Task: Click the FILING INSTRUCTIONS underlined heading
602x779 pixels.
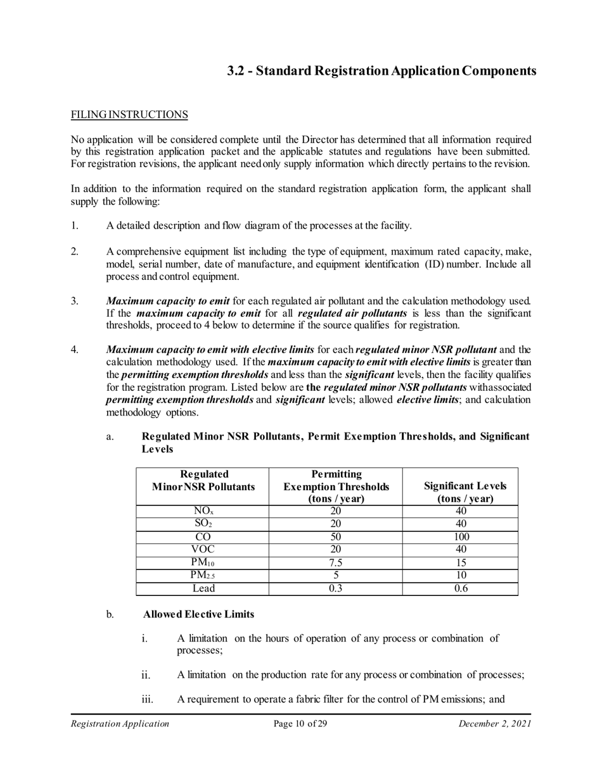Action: pyautogui.click(x=129, y=115)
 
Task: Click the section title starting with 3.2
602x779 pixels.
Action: pyautogui.click(x=381, y=70)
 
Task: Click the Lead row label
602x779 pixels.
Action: pyautogui.click(x=203, y=589)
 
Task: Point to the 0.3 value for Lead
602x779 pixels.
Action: pyautogui.click(x=336, y=589)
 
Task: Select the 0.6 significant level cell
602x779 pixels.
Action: pyautogui.click(x=460, y=589)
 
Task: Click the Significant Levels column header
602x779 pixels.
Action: pyautogui.click(x=460, y=492)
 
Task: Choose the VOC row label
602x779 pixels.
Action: pyautogui.click(x=203, y=550)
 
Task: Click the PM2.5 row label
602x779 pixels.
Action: pyautogui.click(x=203, y=576)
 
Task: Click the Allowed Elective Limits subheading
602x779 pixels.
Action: pyautogui.click(x=198, y=614)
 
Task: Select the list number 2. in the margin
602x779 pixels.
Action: pyautogui.click(x=75, y=251)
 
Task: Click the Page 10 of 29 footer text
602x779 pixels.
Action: pyautogui.click(x=300, y=724)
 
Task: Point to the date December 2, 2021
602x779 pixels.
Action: pyautogui.click(x=494, y=724)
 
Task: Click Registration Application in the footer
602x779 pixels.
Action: pyautogui.click(x=120, y=724)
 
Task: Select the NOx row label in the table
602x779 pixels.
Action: pyautogui.click(x=203, y=511)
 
